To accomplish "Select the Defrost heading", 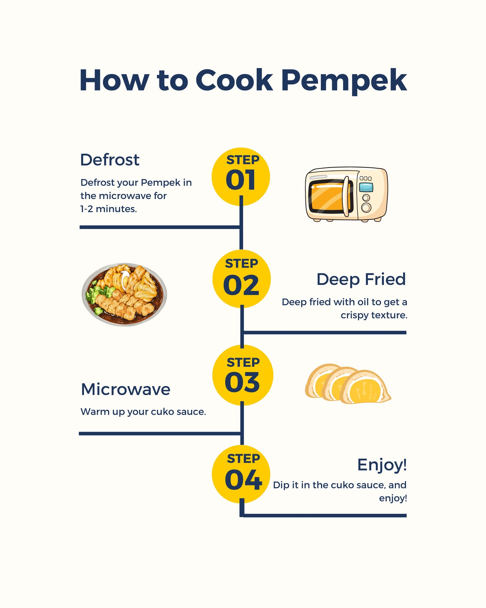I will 110,160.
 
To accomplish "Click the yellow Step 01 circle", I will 240,177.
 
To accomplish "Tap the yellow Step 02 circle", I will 241,279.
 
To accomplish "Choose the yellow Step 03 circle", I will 242,375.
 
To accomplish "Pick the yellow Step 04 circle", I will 241,474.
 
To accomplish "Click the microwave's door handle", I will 346,196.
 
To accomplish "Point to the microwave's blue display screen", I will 366,187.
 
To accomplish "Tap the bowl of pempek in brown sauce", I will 124,295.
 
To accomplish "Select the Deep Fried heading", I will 361,279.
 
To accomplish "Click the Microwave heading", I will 125,389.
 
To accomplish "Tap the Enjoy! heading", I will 382,465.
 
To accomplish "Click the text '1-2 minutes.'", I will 108,209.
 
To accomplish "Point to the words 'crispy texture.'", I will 374,315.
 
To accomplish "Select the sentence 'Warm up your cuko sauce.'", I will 143,412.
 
